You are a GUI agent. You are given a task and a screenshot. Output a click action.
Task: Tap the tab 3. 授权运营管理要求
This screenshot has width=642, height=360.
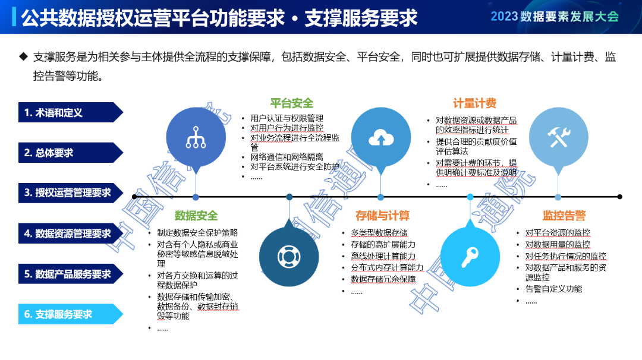pos(67,193)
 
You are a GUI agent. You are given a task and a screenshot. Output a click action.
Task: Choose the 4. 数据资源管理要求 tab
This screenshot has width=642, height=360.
pos(67,233)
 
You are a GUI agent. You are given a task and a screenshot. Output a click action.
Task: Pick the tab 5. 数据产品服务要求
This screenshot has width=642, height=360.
pos(67,274)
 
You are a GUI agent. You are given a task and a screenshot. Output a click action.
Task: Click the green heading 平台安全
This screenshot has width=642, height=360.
pos(291,103)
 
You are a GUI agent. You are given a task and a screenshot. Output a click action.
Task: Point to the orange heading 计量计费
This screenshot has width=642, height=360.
pos(474,103)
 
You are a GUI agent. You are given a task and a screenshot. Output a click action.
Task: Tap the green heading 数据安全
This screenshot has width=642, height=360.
pos(196,216)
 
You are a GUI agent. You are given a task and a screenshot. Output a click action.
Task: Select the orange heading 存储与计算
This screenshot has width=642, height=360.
pos(383,216)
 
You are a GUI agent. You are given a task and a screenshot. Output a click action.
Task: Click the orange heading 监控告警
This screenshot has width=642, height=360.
pos(564,216)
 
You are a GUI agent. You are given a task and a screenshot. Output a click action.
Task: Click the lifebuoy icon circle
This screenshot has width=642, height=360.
pos(289,256)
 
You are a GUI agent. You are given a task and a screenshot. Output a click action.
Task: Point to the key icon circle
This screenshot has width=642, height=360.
pos(470,256)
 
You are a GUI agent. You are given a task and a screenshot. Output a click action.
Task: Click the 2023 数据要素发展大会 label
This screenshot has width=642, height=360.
pos(555,17)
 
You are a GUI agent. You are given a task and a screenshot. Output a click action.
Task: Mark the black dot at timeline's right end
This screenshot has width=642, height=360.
pos(619,197)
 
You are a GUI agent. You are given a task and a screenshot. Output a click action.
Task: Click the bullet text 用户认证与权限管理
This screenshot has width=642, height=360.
pos(287,118)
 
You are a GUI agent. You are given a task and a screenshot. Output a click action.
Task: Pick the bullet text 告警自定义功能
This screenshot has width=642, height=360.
pos(553,289)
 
